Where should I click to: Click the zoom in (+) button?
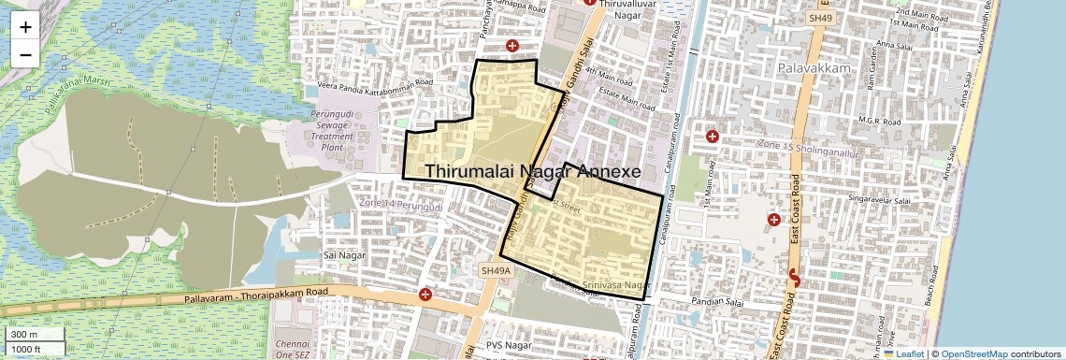click(x=25, y=26)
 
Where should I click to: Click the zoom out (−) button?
click(x=25, y=54)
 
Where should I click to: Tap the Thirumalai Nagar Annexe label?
click(x=533, y=172)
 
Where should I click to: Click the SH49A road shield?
click(x=497, y=270)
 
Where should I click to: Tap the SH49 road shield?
click(x=820, y=18)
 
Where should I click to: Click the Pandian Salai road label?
click(x=716, y=302)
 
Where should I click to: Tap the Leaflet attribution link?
click(x=904, y=353)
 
